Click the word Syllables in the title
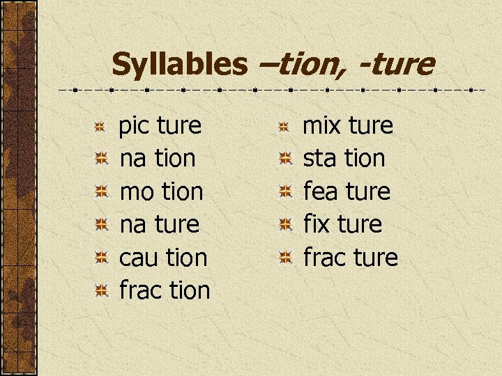point(179,65)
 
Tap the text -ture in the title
point(397,65)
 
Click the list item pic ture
point(160,126)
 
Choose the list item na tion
point(158,159)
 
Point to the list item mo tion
point(162,191)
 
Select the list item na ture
point(160,224)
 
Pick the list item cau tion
point(164,258)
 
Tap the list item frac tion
point(165,290)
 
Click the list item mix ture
point(348,126)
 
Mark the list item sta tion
point(344,159)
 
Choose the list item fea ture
point(347,191)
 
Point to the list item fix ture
point(342,224)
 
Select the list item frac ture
point(351,258)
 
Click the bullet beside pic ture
point(100,127)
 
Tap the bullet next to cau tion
point(100,258)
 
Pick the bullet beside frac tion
point(100,291)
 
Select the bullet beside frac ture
point(284,258)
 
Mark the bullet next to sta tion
point(284,159)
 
